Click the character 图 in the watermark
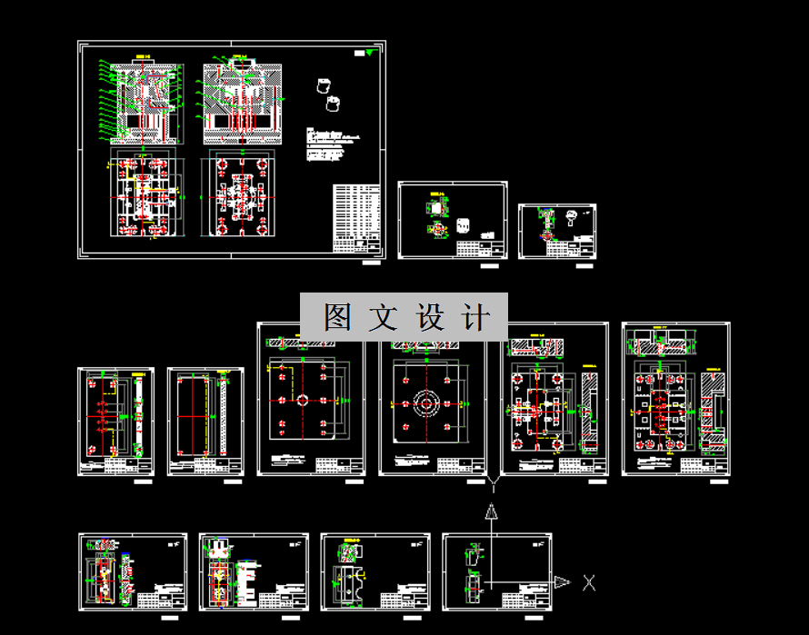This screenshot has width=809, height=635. coord(337,317)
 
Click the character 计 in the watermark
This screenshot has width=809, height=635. coord(475,317)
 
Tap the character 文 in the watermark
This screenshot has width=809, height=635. coord(384,317)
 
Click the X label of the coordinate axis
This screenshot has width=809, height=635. coord(589,582)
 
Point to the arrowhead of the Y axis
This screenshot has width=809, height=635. coord(491,511)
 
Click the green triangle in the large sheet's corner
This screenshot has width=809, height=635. coord(367,54)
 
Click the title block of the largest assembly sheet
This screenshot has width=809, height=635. coord(356,218)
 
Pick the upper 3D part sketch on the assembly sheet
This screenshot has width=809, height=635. coord(322,86)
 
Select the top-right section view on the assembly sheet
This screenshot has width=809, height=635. coord(240,103)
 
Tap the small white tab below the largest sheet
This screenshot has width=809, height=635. coord(372,263)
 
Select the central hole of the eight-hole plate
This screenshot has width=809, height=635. coord(302,400)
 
